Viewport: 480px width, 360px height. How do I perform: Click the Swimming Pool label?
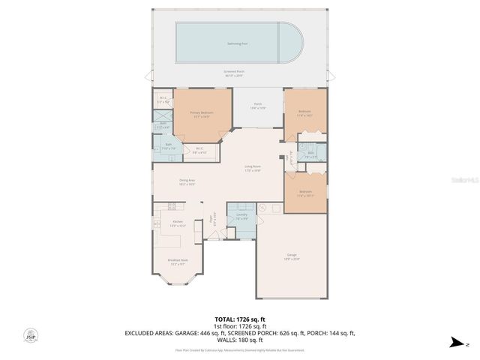point(239,43)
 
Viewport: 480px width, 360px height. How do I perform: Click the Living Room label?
point(252,168)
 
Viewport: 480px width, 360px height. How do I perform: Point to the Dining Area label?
point(187,181)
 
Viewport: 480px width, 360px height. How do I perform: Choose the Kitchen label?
point(178,223)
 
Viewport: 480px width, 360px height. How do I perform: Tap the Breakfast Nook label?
point(178,262)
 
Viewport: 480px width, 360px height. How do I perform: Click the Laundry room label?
point(241,216)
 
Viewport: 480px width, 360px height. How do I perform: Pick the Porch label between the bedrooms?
point(257,106)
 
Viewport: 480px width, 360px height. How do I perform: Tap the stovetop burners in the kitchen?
point(172,206)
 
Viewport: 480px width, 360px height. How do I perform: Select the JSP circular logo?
point(30,335)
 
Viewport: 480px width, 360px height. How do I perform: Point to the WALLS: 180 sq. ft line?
point(239,339)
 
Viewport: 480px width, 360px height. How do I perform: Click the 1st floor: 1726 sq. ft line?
point(239,327)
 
